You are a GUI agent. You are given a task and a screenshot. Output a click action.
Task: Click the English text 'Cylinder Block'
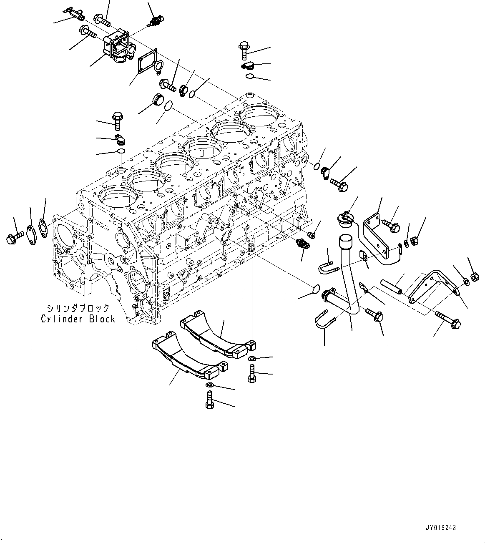coord(78,319)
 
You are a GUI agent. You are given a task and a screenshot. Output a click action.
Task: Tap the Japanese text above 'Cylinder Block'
coord(78,308)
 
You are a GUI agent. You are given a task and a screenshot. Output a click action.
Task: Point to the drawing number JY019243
coord(441,528)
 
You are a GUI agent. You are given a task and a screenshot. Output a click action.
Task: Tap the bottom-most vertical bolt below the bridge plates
coord(210,401)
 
